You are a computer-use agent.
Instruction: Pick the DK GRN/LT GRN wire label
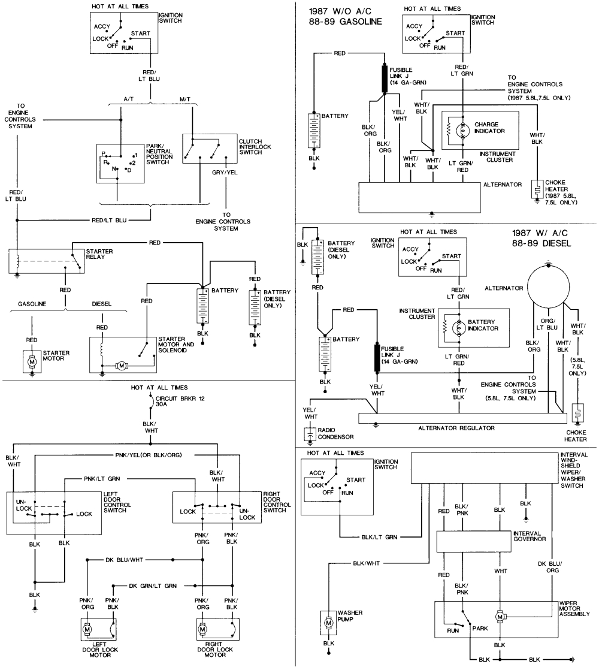(152, 585)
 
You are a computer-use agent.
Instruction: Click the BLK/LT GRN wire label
(381, 537)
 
